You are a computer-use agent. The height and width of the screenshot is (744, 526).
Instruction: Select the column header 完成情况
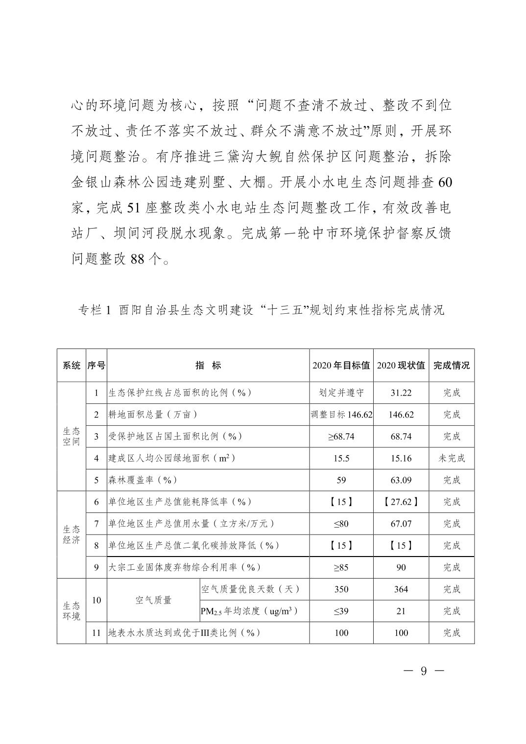pyautogui.click(x=451, y=365)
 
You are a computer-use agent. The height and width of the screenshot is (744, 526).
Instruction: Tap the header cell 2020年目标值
pyautogui.click(x=341, y=365)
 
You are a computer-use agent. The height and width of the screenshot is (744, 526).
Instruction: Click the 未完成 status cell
pyautogui.click(x=451, y=458)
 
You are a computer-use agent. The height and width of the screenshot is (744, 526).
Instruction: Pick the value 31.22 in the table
pyautogui.click(x=401, y=393)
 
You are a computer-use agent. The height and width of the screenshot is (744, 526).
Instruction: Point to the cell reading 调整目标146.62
pyautogui.click(x=341, y=415)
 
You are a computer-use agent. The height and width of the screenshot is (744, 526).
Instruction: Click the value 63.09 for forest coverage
pyautogui.click(x=401, y=480)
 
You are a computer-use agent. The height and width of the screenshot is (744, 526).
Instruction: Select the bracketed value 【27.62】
pyautogui.click(x=401, y=502)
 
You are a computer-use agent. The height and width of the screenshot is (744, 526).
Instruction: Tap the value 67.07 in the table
pyautogui.click(x=401, y=524)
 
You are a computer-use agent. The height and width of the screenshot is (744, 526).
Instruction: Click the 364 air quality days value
pyautogui.click(x=401, y=589)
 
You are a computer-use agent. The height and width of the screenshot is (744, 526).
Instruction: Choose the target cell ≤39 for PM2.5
pyautogui.click(x=341, y=611)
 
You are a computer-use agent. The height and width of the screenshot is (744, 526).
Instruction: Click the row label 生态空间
pyautogui.click(x=71, y=436)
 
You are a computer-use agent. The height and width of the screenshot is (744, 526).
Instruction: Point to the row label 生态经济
pyautogui.click(x=71, y=535)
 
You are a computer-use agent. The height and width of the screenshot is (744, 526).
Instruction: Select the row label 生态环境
pyautogui.click(x=71, y=610)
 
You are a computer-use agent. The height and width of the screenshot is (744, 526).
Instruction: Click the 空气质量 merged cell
pyautogui.click(x=153, y=600)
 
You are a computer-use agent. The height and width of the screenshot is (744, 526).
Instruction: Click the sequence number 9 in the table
pyautogui.click(x=96, y=567)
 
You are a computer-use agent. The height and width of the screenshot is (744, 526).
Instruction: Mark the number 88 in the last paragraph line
pyautogui.click(x=137, y=258)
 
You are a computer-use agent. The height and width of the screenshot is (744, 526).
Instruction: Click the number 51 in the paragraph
pyautogui.click(x=134, y=208)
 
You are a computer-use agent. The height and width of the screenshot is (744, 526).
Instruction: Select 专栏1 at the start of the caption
pyautogui.click(x=95, y=310)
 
